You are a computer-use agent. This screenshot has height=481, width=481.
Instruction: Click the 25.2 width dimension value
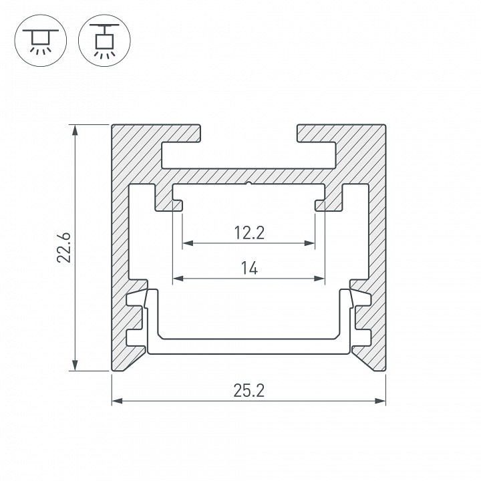[x=249, y=391]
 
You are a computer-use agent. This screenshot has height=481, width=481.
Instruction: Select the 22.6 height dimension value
[x=64, y=248]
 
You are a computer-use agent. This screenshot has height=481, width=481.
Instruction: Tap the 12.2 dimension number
[x=249, y=232]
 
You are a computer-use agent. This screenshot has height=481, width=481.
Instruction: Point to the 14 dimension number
[x=249, y=268]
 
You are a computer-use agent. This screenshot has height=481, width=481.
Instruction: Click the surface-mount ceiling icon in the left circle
[x=41, y=41]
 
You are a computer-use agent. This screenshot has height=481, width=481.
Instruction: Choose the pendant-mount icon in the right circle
[x=104, y=41]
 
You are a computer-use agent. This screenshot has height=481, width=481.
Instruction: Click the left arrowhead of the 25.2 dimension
[x=117, y=401]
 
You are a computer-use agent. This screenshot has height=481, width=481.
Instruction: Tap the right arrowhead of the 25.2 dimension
[x=380, y=401]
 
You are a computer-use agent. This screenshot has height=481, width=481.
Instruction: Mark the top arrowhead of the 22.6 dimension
[x=75, y=130]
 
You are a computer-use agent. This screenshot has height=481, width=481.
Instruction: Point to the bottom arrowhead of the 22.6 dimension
[x=75, y=365]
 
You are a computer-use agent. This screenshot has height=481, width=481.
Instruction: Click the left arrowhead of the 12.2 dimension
[x=188, y=243]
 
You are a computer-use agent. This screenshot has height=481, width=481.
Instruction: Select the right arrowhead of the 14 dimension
[x=319, y=279]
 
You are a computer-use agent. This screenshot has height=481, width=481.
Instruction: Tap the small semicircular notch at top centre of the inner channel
[x=249, y=184]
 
